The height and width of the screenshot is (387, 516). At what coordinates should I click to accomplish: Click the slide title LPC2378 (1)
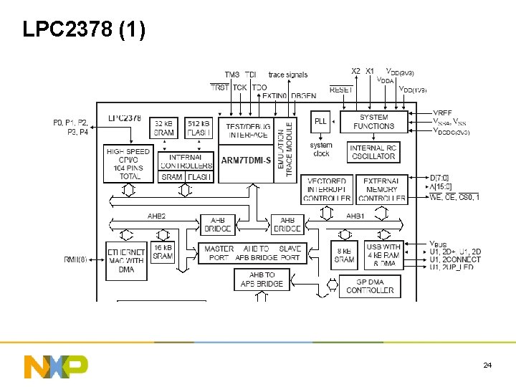coord(84,29)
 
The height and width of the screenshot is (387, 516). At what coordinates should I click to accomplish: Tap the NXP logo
coord(56,365)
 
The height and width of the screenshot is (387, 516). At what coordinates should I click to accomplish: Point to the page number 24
coord(487,365)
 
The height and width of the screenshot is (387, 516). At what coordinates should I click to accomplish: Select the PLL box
coord(320,122)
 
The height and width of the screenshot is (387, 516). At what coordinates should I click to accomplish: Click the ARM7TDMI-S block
coord(246,161)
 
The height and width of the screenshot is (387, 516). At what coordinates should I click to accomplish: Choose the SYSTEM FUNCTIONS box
coord(373,122)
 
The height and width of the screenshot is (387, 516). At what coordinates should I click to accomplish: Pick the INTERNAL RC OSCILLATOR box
coord(373,152)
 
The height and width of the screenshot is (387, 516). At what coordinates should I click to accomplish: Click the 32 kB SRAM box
coord(163,128)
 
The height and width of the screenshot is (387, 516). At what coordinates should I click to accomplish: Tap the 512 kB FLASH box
coord(199,128)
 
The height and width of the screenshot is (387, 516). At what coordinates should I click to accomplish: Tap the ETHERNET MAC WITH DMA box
coord(126,260)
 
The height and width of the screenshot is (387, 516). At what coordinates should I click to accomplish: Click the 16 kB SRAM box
coord(163,252)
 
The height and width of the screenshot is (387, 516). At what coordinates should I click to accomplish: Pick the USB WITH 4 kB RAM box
coord(383,255)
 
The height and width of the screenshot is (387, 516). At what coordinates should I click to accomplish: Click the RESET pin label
coord(341,90)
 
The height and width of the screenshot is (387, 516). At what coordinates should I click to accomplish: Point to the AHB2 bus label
coord(156,215)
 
